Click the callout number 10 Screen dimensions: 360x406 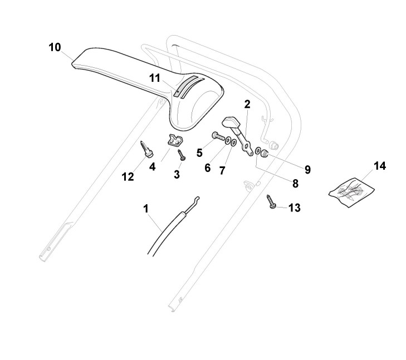point(55,47)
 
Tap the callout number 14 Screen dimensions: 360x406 point(379,166)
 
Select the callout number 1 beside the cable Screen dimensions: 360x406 point(146,209)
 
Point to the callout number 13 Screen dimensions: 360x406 point(294,208)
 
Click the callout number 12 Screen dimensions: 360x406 point(128,176)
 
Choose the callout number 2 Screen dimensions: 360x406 point(247,103)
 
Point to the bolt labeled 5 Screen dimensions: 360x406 point(217,135)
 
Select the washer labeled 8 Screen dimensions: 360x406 point(259,151)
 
